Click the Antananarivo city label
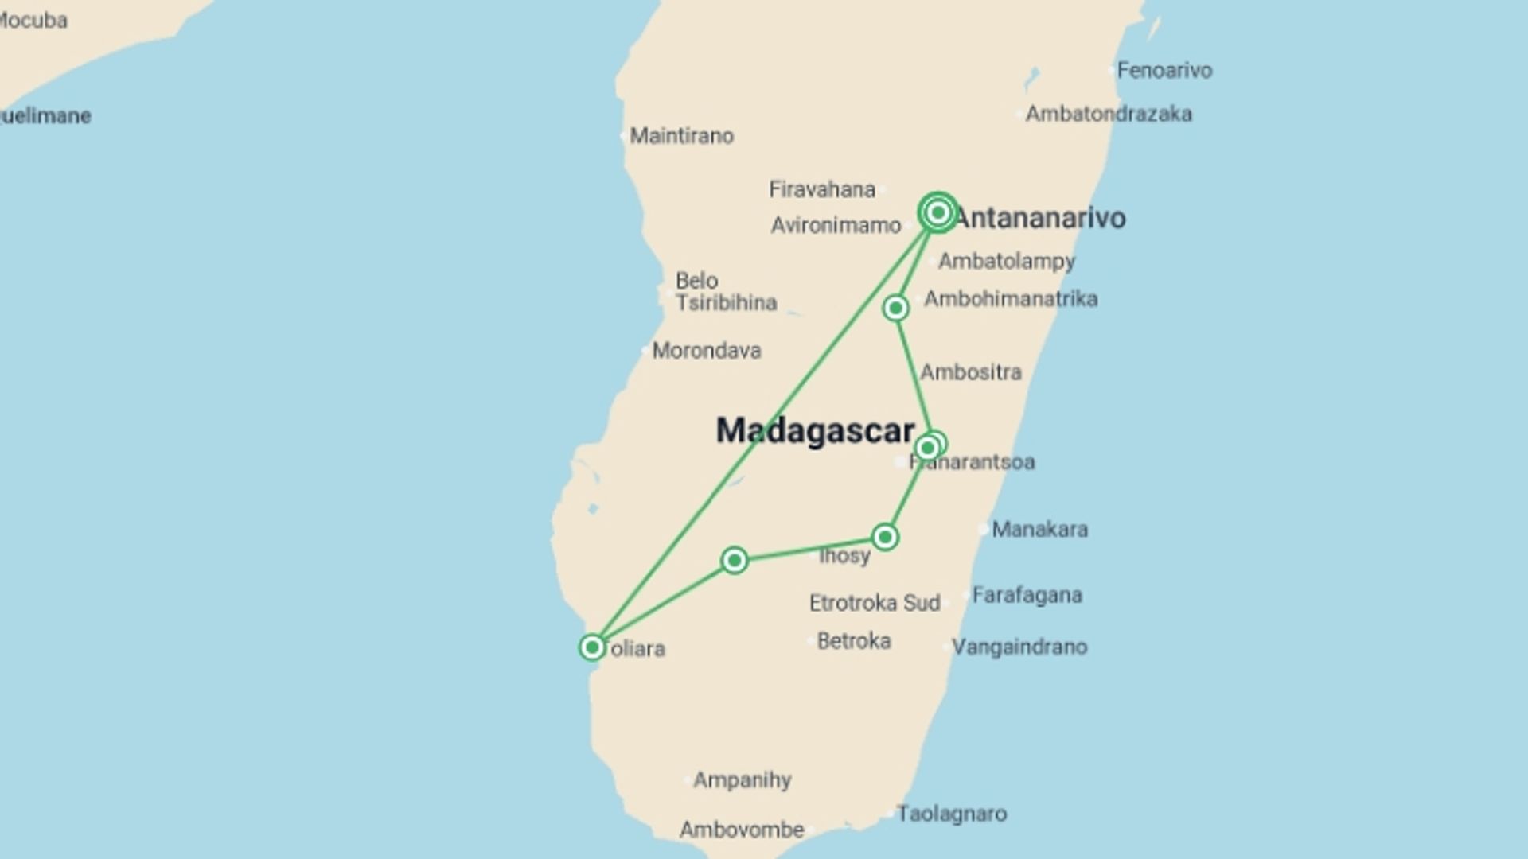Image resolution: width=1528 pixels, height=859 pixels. point(1039,217)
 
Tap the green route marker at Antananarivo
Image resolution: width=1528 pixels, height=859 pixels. point(937,212)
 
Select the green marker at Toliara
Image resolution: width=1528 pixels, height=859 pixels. point(592,647)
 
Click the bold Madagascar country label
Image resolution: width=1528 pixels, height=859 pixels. point(815,430)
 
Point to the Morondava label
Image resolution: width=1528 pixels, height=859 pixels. point(706,351)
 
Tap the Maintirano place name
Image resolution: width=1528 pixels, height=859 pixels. point(681,136)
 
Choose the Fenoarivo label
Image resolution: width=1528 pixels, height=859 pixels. point(1164,70)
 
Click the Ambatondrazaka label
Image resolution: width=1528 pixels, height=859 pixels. point(1108,114)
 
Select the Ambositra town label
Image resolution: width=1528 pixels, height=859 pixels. point(971,372)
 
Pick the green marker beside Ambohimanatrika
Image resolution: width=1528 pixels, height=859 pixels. point(896,308)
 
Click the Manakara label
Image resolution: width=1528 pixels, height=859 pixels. point(1039,529)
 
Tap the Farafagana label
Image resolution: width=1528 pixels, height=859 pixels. point(1027,595)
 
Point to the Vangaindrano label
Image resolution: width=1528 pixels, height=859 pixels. point(1019,647)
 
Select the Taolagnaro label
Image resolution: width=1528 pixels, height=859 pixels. point(951,814)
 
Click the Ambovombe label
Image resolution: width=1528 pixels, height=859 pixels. point(742,830)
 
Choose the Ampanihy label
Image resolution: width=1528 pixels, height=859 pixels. point(742,779)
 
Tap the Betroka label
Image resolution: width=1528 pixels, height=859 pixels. point(853,641)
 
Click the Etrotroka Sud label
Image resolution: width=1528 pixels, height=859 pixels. point(875,603)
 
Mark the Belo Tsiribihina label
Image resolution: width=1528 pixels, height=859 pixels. point(725,292)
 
